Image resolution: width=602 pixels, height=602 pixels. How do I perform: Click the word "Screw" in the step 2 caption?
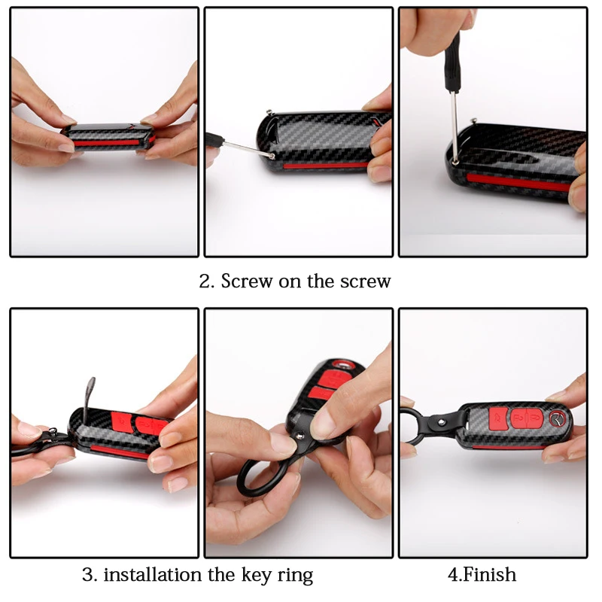coord(247,281)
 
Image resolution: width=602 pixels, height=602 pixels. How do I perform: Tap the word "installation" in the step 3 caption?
coord(153,575)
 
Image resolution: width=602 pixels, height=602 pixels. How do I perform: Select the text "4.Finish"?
coord(482,574)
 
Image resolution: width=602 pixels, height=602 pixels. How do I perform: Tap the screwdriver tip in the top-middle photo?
coord(272,156)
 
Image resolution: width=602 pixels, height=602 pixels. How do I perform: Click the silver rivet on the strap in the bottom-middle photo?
coord(300,436)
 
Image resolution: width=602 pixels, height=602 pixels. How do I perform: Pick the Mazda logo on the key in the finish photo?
coord(558,418)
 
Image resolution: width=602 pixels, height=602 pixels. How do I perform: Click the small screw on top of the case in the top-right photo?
coord(475,120)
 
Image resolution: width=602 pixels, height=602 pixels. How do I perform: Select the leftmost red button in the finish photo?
coord(498,418)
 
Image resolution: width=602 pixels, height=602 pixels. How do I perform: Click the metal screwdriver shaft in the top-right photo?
coord(455,126)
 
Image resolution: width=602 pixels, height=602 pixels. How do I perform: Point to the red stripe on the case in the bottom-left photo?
coord(120,452)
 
